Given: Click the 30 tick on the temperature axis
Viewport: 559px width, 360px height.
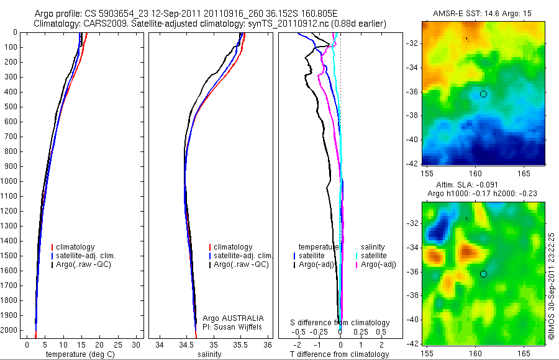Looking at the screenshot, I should click(x=137, y=344).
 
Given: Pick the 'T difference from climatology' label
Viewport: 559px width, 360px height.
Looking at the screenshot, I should click(x=340, y=354).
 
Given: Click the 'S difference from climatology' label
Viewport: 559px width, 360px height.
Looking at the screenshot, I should click(x=340, y=323).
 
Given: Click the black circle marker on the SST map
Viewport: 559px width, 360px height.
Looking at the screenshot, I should click(x=483, y=94).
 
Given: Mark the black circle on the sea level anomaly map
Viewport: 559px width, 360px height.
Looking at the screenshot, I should click(x=483, y=274).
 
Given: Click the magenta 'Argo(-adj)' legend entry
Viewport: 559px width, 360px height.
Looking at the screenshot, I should click(x=377, y=265).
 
